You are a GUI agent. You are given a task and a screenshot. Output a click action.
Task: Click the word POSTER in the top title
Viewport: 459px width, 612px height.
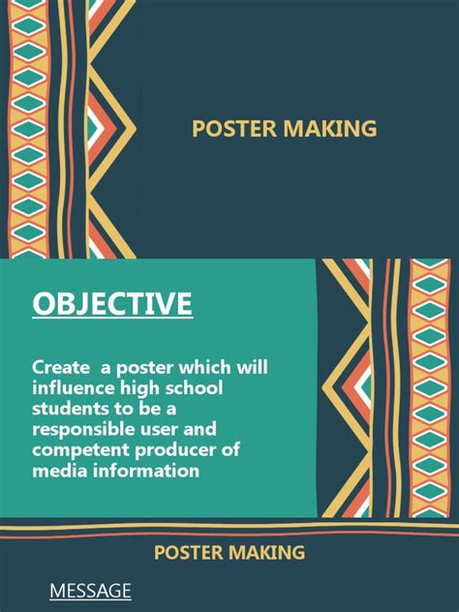click(x=233, y=129)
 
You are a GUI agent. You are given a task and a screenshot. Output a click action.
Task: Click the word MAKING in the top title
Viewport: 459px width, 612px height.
click(x=328, y=129)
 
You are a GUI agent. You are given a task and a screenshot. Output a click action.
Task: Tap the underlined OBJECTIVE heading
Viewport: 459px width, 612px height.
click(x=112, y=304)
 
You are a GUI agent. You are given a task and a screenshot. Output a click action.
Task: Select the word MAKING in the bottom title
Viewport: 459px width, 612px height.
click(x=266, y=553)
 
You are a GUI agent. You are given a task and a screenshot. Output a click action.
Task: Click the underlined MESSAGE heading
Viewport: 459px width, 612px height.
click(x=90, y=590)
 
